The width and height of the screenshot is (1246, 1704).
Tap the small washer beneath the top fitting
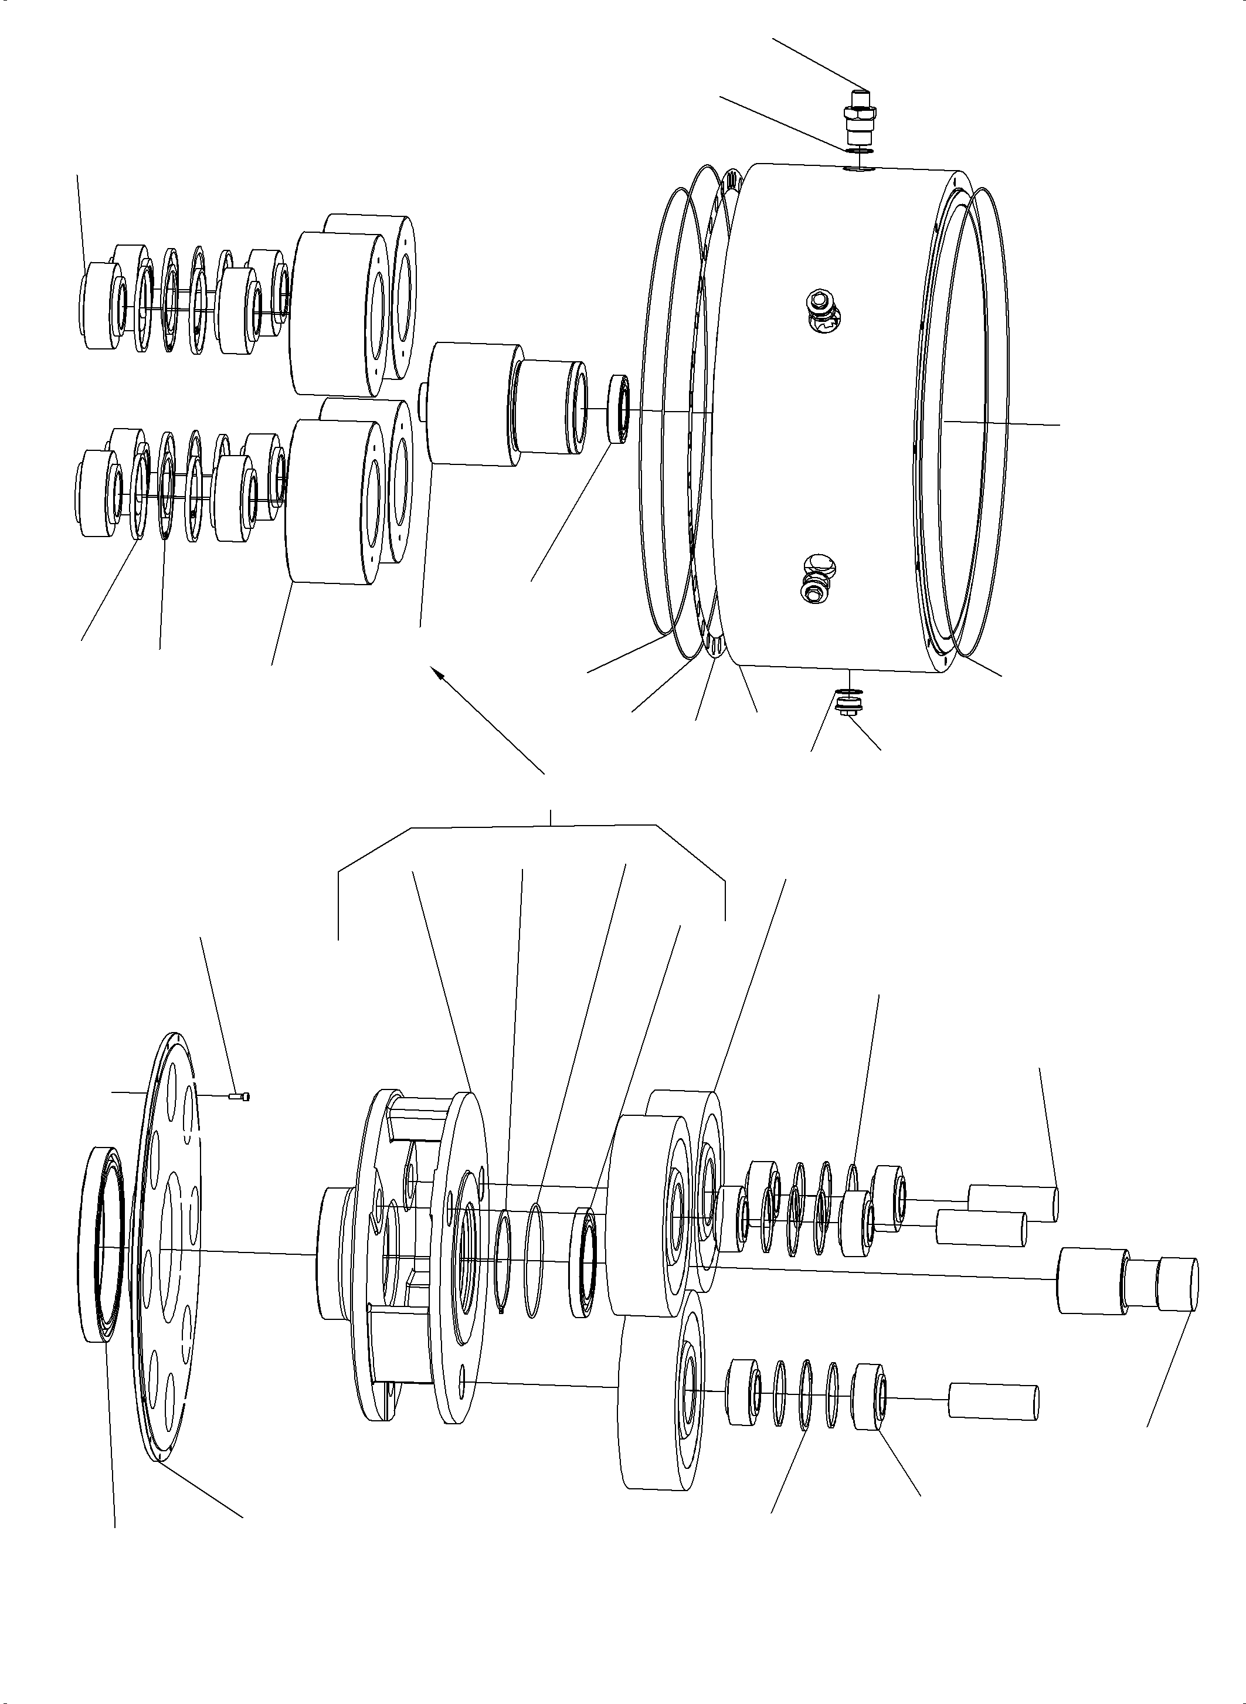coord(859,151)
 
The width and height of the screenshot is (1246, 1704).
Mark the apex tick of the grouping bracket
coord(551,817)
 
